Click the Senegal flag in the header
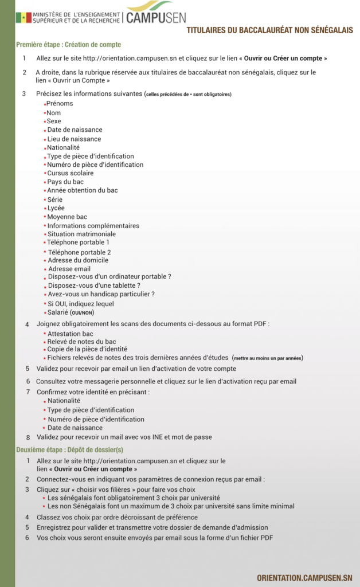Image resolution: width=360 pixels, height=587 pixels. pos(24,17)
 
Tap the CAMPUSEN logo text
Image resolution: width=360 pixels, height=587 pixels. pos(156,18)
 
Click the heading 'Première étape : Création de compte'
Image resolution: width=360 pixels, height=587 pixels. pos(68,44)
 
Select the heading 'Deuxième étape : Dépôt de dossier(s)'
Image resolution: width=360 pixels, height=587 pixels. pos(69,449)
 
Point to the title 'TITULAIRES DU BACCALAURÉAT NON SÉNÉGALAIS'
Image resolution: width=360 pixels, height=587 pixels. pos(270,30)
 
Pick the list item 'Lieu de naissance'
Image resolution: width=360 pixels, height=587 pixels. pos(74,139)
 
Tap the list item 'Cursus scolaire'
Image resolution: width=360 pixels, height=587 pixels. pos(70,173)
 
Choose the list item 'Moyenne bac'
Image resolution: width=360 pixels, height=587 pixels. pos(67,217)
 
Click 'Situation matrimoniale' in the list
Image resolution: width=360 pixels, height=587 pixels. pos(81,234)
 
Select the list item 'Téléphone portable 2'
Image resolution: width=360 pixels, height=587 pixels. pos(79,252)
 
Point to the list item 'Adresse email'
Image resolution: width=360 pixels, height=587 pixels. pos(69,269)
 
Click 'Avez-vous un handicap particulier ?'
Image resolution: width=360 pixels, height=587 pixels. pos(101,294)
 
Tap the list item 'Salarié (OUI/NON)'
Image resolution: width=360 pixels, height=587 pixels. pos(71,312)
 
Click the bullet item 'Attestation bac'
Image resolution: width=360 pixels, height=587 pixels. pos(71,334)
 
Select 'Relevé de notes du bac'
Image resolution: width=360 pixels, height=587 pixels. pos(81,342)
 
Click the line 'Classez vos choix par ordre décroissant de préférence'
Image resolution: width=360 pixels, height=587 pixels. pos(117,517)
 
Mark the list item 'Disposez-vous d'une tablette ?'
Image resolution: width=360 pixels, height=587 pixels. pos(94,285)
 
